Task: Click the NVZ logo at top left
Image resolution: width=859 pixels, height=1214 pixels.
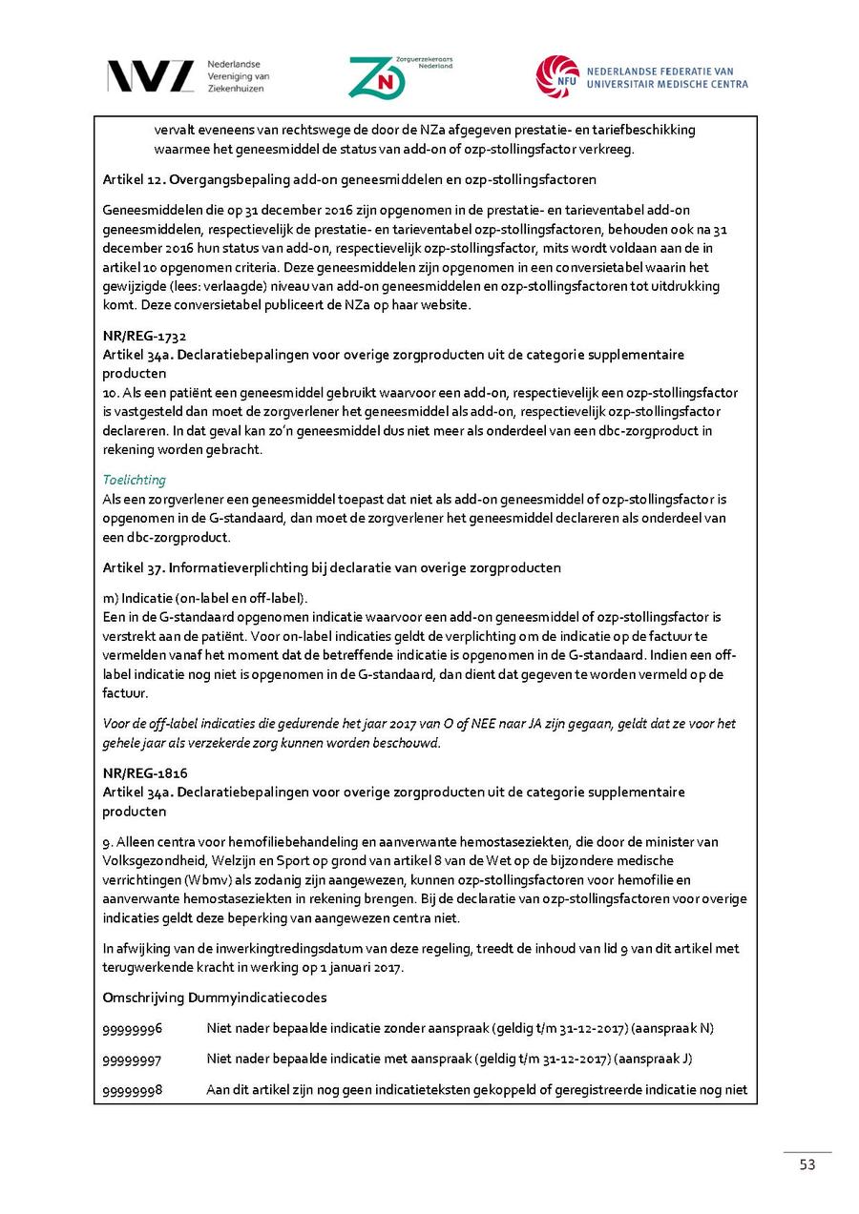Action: [150, 76]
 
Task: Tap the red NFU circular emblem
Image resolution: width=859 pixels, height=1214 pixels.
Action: [557, 76]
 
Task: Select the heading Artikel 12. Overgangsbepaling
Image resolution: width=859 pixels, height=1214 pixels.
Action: [349, 179]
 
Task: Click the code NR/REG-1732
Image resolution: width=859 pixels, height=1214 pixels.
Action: [144, 336]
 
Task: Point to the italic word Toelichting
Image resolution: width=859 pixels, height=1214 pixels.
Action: [134, 480]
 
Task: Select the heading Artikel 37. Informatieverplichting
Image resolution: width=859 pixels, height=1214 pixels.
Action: [331, 567]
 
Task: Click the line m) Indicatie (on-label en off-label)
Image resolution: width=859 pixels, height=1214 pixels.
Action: [205, 598]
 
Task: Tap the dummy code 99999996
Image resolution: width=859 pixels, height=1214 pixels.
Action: [132, 1028]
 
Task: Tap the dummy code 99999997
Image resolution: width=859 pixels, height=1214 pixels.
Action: [132, 1060]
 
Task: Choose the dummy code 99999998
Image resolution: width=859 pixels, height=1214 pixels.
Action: [132, 1090]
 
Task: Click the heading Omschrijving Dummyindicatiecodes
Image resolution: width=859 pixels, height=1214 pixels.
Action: [215, 998]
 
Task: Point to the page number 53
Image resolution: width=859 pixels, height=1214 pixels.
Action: [807, 1165]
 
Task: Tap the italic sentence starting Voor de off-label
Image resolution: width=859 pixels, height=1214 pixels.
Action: [419, 732]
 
